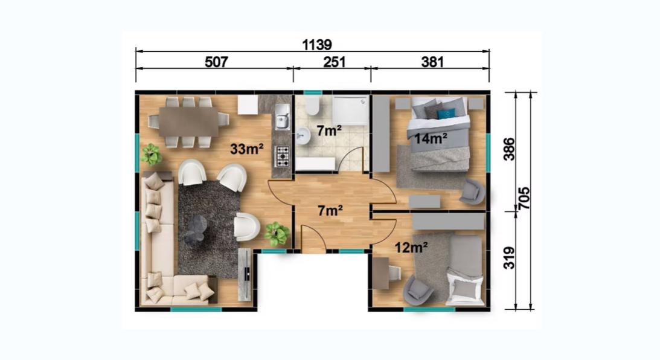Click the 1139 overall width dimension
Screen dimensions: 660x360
tap(317, 44)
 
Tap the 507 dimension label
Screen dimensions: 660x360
tap(216, 62)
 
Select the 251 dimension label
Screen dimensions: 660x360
tap(334, 62)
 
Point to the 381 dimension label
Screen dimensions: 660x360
tap(432, 62)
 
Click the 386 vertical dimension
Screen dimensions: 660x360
tap(509, 149)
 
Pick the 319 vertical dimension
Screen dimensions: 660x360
tap(509, 258)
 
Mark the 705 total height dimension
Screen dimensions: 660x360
tap(524, 199)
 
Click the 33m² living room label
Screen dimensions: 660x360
tap(246, 149)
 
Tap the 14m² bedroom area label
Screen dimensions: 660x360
tap(431, 138)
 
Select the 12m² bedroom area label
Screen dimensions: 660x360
tap(411, 248)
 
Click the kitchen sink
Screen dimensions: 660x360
tap(282, 117)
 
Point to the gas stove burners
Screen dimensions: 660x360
tap(282, 156)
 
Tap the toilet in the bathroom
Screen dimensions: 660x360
tap(312, 105)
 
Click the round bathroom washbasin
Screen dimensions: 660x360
tap(302, 135)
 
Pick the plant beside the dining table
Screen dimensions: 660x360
tap(151, 155)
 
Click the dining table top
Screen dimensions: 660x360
tap(188, 121)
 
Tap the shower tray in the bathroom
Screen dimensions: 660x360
tap(351, 111)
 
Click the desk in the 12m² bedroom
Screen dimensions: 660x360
tap(381, 273)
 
